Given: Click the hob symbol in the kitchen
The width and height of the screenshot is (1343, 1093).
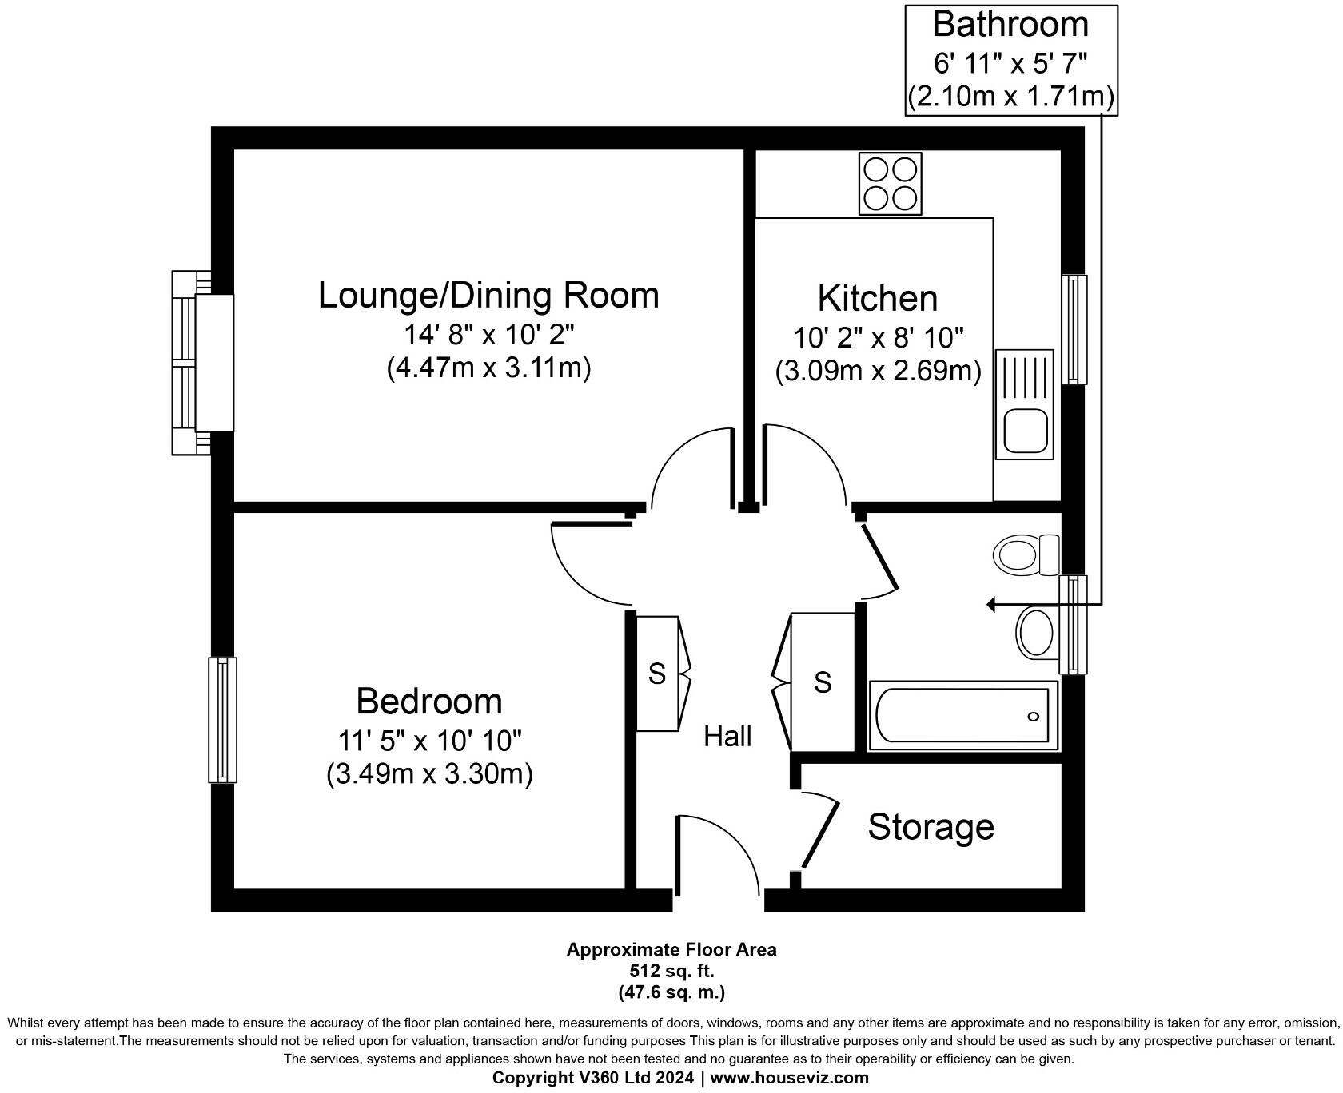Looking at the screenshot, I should click(890, 185).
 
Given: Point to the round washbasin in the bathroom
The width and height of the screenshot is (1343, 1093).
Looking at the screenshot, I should click(1036, 634).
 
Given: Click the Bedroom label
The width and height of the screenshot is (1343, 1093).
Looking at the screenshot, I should click(429, 702).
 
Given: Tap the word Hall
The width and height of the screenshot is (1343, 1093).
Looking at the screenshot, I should click(727, 736).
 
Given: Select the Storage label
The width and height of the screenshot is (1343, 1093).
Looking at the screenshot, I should click(931, 827).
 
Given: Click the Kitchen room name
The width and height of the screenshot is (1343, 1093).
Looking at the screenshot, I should click(877, 298).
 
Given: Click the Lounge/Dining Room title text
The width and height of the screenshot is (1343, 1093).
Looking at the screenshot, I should click(488, 295).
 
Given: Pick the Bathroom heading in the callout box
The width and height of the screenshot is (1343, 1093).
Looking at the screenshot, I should click(1010, 25).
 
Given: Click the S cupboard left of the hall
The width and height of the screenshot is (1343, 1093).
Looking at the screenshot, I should click(657, 674).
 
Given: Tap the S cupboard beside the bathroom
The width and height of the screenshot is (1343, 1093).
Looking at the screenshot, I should click(823, 682).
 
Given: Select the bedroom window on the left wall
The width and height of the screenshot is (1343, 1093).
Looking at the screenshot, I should click(222, 719).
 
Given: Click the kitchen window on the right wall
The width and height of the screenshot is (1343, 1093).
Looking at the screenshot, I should click(1074, 329).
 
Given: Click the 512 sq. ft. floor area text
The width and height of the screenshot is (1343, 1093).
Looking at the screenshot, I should click(671, 971).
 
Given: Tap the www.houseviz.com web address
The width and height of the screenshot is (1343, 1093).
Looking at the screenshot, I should click(789, 1078).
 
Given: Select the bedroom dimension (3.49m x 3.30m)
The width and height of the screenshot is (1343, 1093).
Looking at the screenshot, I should click(429, 774).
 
